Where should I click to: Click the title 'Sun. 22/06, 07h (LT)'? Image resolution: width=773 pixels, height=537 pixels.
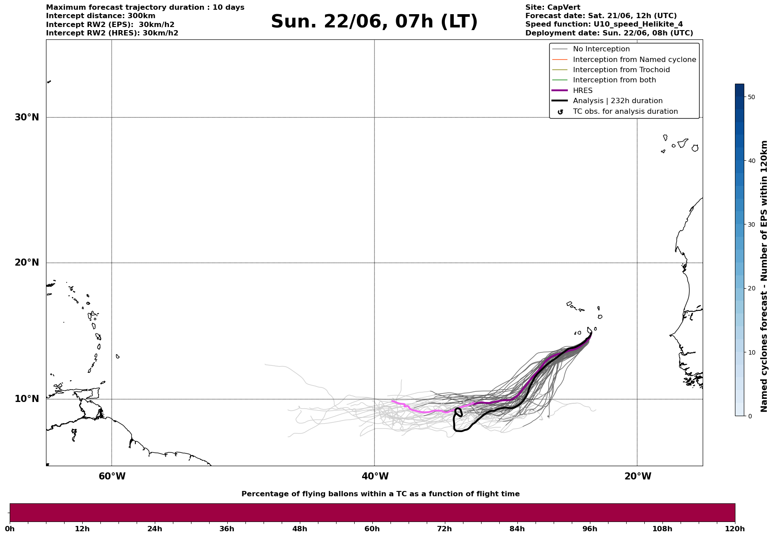click(x=374, y=22)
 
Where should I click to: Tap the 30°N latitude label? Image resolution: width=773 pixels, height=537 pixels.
click(x=27, y=117)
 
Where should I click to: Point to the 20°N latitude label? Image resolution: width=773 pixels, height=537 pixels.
click(x=27, y=263)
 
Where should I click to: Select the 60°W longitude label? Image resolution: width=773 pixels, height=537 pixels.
click(x=112, y=476)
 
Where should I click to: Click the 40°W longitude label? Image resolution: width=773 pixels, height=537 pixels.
click(x=375, y=476)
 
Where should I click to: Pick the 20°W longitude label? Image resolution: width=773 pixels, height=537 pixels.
click(x=638, y=476)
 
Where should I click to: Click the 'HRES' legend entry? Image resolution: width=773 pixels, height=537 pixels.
click(x=582, y=91)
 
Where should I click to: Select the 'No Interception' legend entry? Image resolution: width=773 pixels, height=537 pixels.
click(x=601, y=49)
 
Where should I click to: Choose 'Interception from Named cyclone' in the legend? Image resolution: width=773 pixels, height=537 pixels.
click(x=634, y=60)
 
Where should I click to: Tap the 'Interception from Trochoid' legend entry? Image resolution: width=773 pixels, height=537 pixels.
click(x=621, y=70)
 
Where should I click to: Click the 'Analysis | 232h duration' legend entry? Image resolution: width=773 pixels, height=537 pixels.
click(x=617, y=101)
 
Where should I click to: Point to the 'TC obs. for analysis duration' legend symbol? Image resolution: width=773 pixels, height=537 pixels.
click(x=560, y=112)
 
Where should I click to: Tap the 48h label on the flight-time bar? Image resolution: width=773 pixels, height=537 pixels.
click(x=299, y=529)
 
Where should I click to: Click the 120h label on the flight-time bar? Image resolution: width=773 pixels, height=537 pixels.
click(x=735, y=529)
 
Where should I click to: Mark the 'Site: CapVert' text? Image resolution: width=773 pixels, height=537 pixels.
click(x=552, y=8)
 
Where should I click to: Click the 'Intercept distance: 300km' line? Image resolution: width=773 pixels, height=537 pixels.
click(x=100, y=16)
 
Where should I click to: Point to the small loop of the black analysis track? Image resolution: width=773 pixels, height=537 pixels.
click(x=459, y=412)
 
